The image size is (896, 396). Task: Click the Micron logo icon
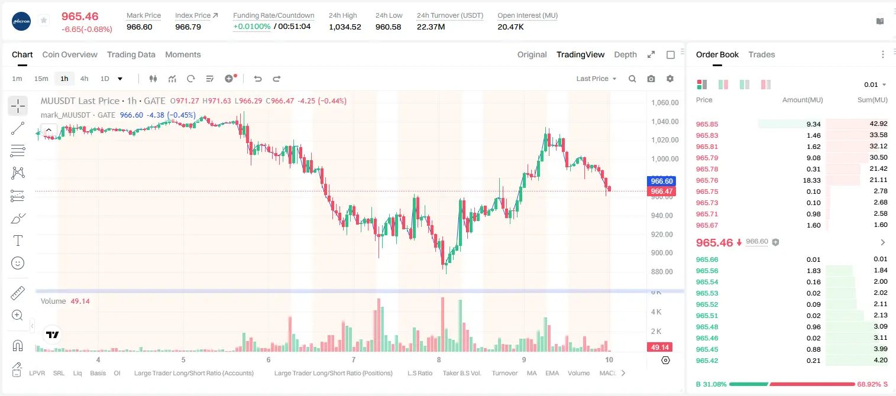point(21,21)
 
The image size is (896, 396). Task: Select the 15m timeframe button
point(41,79)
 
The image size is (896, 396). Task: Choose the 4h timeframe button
point(84,79)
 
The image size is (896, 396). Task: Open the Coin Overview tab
point(70,54)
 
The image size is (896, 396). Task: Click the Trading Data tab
point(131,54)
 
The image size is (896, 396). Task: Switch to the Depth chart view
point(626,54)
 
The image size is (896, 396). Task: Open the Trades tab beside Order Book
point(762,54)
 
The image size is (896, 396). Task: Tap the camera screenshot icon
point(651,79)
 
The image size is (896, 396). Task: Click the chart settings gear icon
point(670,79)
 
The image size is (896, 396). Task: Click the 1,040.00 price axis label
point(665,122)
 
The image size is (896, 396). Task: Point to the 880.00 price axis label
point(665,272)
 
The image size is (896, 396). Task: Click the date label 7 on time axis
point(354,359)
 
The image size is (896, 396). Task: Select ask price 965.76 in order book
point(707,180)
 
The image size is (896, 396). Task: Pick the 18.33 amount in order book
point(811,180)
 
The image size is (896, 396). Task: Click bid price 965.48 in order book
point(707,327)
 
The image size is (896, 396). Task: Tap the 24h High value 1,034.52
point(345,27)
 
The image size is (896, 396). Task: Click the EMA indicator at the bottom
point(552,373)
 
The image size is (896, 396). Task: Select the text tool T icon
point(18,241)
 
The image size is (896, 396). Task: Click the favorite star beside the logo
point(44,20)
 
